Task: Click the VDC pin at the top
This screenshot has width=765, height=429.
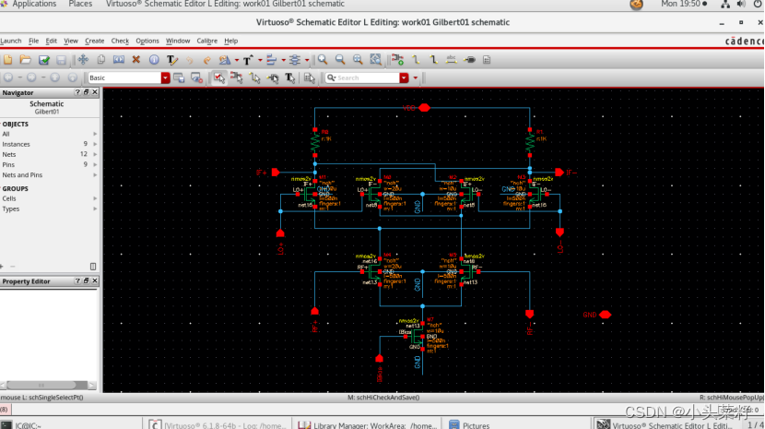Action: (x=424, y=107)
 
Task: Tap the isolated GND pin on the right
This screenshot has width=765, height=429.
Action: (x=606, y=315)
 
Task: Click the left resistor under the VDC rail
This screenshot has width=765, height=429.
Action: (x=315, y=144)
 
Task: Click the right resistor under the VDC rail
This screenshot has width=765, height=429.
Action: (x=530, y=144)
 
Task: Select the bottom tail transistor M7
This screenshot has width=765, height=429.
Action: (x=419, y=337)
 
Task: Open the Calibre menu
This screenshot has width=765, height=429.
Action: (x=206, y=41)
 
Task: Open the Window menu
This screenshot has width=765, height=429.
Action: (x=177, y=41)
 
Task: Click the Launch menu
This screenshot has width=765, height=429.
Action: (x=11, y=41)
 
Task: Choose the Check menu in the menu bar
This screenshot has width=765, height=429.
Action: (x=120, y=41)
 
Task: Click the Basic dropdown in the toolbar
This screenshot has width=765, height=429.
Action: (x=128, y=78)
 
